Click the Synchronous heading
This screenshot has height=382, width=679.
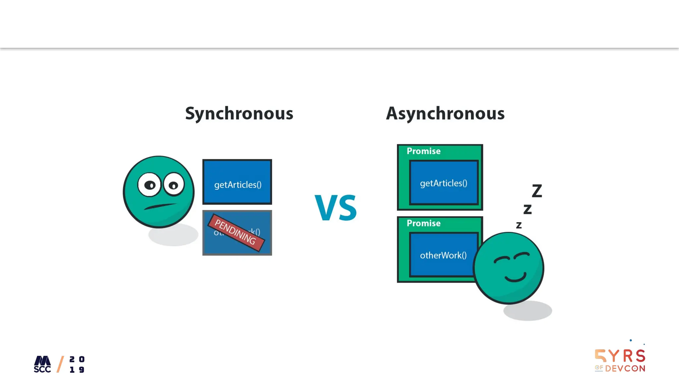[x=239, y=113]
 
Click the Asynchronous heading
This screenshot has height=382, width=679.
[x=445, y=113]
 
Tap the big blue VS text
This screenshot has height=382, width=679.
[x=336, y=208]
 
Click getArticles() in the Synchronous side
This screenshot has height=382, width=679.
[x=238, y=185]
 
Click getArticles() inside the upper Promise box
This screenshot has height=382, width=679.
[x=444, y=183]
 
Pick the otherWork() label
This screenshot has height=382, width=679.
[x=443, y=255]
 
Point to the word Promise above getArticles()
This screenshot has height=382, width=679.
[x=424, y=151]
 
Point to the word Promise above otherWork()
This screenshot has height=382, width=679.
[x=424, y=223]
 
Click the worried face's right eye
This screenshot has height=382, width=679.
[x=173, y=185]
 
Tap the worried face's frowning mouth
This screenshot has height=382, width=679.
[x=160, y=206]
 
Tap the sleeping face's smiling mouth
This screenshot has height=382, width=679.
[x=515, y=277]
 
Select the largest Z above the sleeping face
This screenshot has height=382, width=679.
[x=537, y=191]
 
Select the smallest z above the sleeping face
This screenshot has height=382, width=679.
[x=519, y=225]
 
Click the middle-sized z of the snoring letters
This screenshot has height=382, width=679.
[x=527, y=209]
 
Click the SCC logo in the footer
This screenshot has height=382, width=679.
[x=42, y=364]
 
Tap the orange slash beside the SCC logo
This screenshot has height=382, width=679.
[x=60, y=364]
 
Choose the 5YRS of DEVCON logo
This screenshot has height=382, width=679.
[x=620, y=360]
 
